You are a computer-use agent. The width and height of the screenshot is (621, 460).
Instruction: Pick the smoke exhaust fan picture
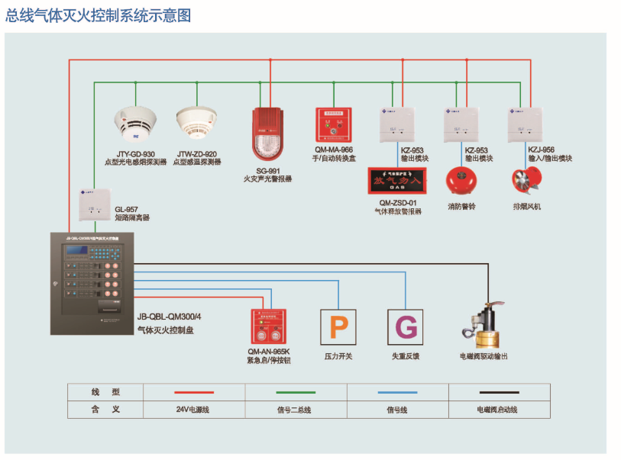(526, 180)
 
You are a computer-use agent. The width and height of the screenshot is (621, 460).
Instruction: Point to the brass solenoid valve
(483, 324)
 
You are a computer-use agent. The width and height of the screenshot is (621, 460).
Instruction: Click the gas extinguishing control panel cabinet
(91, 283)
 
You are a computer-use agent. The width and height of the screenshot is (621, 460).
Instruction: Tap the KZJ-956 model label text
(542, 150)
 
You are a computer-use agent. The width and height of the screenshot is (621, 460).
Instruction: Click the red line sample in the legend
(193, 392)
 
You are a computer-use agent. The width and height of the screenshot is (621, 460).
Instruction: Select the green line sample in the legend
(296, 392)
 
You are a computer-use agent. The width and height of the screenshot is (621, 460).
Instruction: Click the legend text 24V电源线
(192, 410)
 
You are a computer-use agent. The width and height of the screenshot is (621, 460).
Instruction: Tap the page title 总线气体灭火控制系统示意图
(99, 14)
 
